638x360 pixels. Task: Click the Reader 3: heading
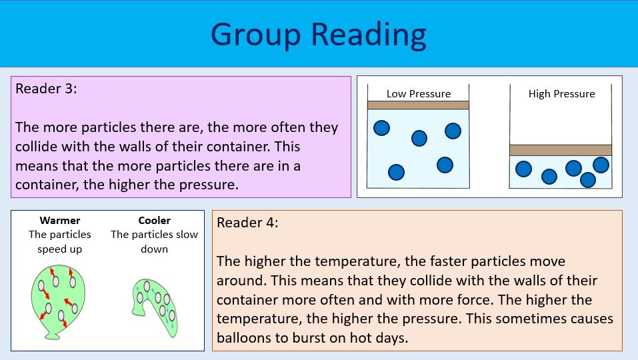47,89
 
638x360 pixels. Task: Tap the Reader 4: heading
247,223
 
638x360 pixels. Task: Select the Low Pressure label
419,94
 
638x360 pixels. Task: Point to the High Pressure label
561,94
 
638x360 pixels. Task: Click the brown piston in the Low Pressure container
419,105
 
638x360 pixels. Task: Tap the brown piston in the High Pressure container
561,150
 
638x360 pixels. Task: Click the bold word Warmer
60,221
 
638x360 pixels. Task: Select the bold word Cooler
154,221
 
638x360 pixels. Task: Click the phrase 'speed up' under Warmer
60,249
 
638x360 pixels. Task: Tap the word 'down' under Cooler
154,249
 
